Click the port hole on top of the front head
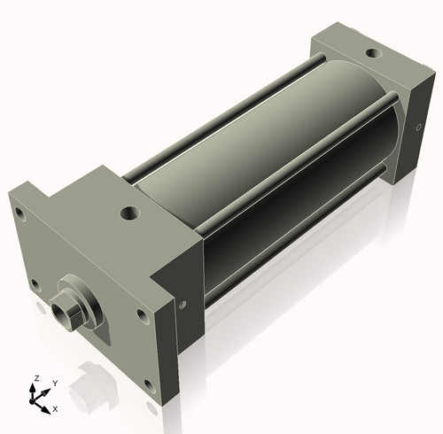131,213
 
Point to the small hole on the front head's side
183,305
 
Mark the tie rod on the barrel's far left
221,115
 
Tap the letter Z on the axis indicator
36,378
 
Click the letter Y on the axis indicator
54,383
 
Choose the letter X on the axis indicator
55,409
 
